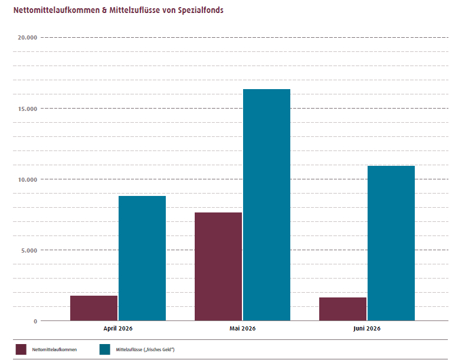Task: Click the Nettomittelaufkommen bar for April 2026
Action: click(x=94, y=308)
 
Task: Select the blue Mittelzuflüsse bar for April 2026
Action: click(x=142, y=258)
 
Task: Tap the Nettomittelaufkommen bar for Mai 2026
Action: click(x=218, y=266)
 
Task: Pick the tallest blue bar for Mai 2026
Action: click(x=267, y=205)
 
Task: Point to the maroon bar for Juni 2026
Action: click(x=343, y=309)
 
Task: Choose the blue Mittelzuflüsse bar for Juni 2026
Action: click(x=391, y=243)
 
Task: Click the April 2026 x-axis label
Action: click(x=118, y=329)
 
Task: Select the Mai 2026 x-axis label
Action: click(x=243, y=328)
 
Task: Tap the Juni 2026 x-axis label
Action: click(x=367, y=329)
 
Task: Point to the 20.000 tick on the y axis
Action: click(x=27, y=37)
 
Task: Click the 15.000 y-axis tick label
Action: click(x=27, y=109)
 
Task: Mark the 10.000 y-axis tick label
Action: click(x=27, y=179)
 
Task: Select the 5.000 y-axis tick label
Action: click(x=29, y=250)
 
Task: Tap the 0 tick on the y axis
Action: click(x=35, y=321)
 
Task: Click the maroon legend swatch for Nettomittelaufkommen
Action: click(x=21, y=349)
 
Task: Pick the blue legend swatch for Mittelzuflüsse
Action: click(x=104, y=349)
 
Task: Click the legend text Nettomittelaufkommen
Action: click(x=54, y=349)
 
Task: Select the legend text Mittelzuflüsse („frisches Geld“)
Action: click(x=145, y=350)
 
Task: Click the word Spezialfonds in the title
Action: click(x=201, y=10)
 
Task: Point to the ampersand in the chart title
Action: click(x=104, y=10)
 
